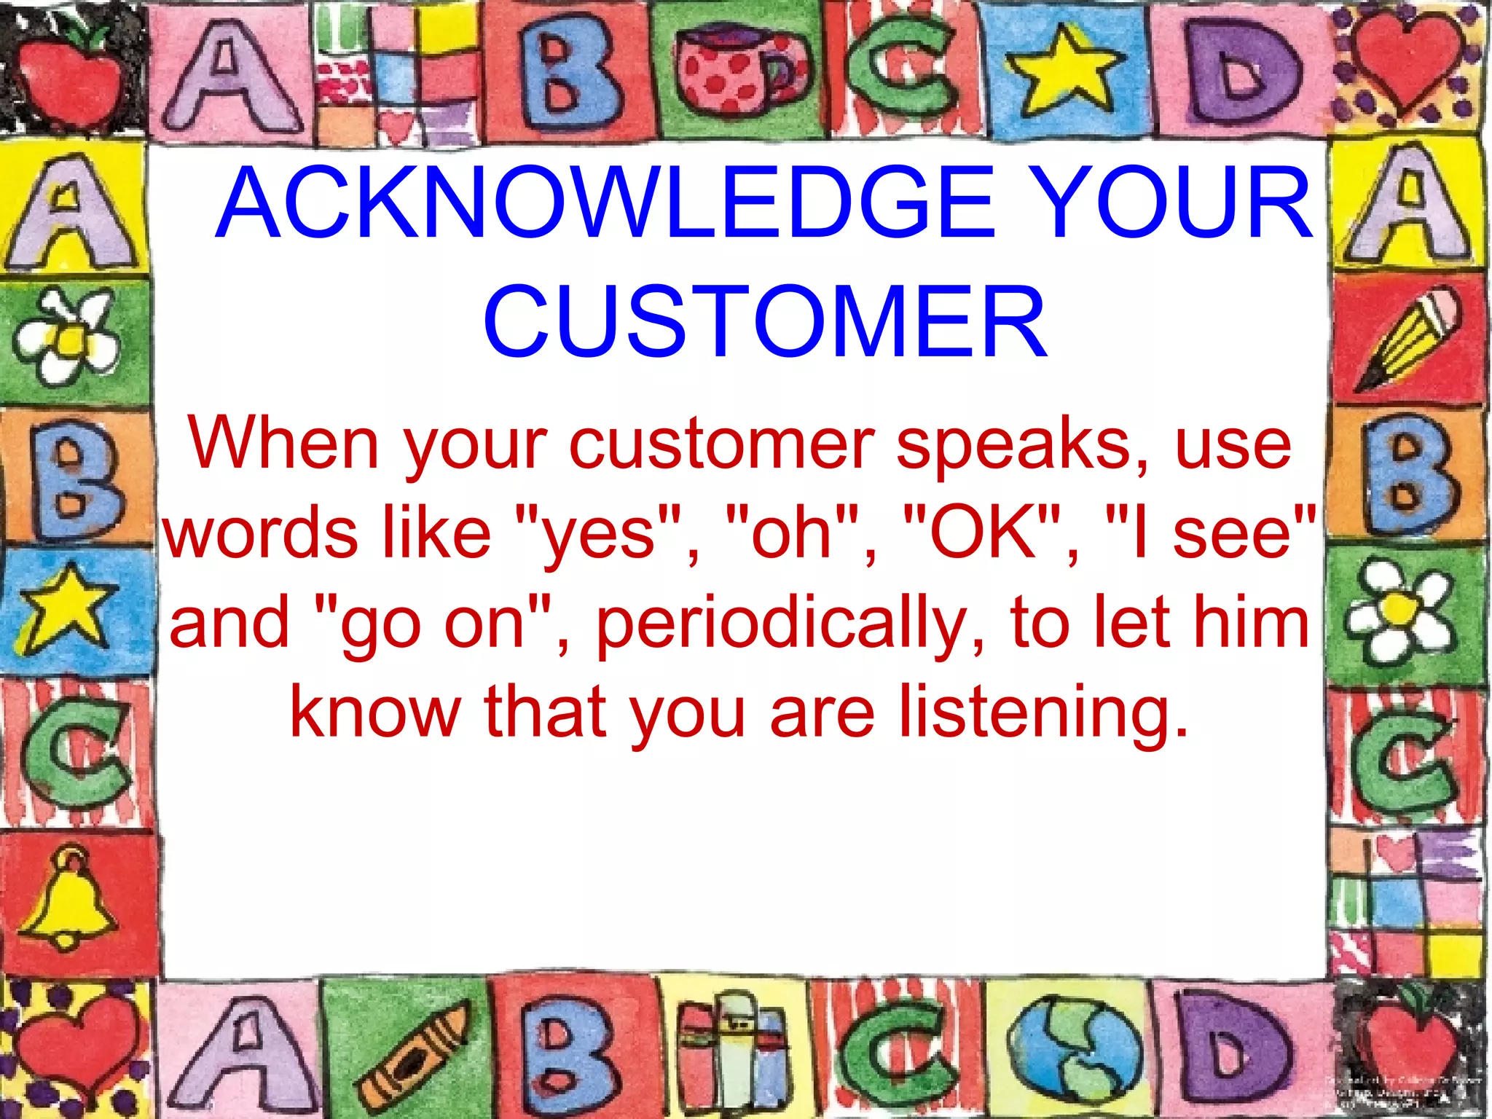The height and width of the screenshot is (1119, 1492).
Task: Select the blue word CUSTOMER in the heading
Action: tap(765, 322)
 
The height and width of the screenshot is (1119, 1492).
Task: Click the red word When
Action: tap(284, 443)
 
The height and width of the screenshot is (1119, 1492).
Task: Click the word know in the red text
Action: tap(375, 712)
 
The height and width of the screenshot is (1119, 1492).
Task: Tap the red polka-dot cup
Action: tap(736, 73)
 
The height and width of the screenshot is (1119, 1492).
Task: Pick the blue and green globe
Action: tap(1075, 1049)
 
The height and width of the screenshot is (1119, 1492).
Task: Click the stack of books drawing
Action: tap(732, 1049)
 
